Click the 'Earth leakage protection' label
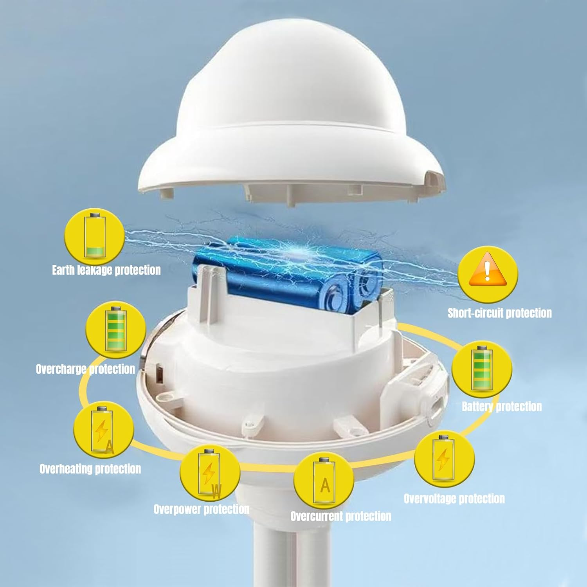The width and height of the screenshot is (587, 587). click(x=106, y=270)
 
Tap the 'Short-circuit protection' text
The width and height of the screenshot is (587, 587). click(x=500, y=313)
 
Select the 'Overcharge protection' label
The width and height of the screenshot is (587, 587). click(x=85, y=369)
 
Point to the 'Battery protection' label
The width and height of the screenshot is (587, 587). click(x=502, y=407)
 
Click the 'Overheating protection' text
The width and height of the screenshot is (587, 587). click(x=90, y=469)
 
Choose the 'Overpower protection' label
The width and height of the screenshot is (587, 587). click(x=202, y=509)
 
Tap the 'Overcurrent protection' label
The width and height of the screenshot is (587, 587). click(x=341, y=516)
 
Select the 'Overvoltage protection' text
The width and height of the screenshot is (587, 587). click(x=454, y=499)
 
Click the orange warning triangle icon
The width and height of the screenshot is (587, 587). click(x=487, y=270)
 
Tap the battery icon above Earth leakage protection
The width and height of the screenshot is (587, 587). click(x=95, y=236)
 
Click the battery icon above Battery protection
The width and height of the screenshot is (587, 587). click(x=482, y=368)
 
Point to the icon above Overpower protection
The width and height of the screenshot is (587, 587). click(x=209, y=473)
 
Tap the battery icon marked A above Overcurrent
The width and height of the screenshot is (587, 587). click(x=324, y=481)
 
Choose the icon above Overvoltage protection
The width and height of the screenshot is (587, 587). click(x=443, y=458)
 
